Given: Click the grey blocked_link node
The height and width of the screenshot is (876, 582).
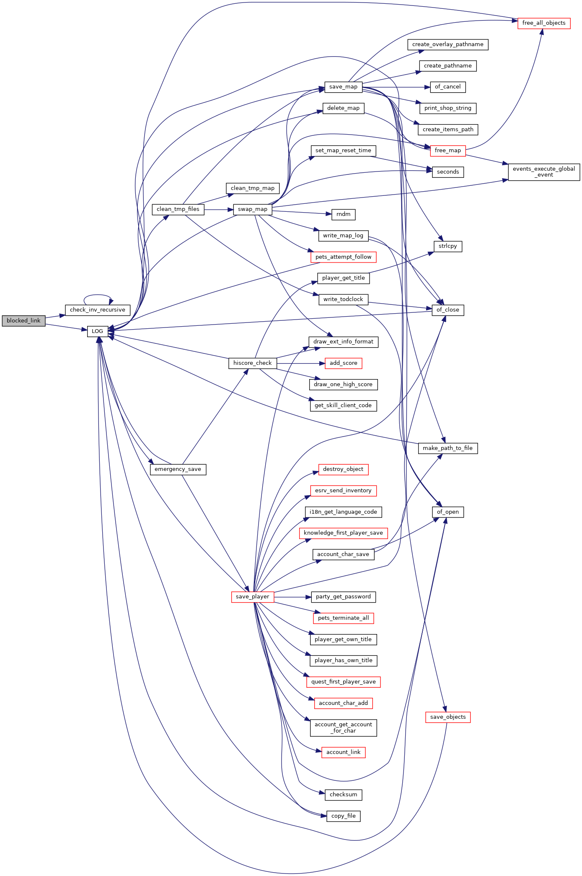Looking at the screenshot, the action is pos(23,321).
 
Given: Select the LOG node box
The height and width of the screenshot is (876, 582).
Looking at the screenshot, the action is pos(98,331).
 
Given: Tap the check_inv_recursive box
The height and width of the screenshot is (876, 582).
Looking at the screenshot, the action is pos(98,310).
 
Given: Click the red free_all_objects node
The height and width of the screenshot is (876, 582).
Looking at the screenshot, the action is pos(544,23).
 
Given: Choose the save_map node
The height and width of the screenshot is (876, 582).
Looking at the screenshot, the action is pos(343,87).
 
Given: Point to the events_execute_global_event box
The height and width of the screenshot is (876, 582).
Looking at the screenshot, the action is pos(544,172).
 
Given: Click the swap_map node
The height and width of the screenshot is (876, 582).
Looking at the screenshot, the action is pos(253,209).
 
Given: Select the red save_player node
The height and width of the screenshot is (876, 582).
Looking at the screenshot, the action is pos(253,597).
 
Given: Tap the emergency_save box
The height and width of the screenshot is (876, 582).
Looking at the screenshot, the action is pos(178,469).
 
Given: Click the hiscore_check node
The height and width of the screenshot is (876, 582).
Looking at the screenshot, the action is pos(253,363).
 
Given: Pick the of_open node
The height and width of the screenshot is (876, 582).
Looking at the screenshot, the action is pos(448,512).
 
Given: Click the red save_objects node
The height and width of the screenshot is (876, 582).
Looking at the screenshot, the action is pos(448,717).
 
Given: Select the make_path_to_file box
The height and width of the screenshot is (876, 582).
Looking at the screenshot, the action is pos(448,448).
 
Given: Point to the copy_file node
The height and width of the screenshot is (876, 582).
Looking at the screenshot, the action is pos(344,816).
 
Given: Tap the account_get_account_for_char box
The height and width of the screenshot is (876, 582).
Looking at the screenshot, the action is pos(344,728).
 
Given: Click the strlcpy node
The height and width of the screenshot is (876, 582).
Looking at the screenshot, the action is pos(448,246).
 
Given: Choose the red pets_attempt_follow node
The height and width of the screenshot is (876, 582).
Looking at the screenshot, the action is pos(344,257).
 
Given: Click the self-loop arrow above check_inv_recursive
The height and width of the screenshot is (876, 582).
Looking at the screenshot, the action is pos(98,295).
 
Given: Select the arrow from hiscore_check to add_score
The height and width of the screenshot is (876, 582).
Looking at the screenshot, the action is pos(300,363).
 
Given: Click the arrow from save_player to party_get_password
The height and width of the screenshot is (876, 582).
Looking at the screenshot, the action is pos(292,597).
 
